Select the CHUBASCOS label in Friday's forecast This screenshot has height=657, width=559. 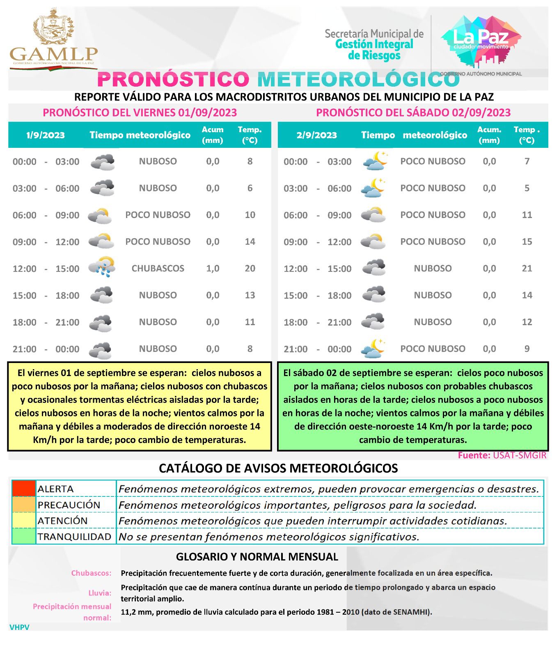158,269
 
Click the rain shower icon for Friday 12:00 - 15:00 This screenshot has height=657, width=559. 102,268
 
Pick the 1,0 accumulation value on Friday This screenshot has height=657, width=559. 213,269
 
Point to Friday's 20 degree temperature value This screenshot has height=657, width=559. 250,269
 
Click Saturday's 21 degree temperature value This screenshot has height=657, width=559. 527,269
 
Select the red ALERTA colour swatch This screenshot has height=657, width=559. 24,489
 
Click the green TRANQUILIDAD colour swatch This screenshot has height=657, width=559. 24,536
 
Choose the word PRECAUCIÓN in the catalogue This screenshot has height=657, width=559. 69,505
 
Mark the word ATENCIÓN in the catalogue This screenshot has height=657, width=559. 62,521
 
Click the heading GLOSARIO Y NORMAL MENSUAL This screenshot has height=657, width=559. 257,557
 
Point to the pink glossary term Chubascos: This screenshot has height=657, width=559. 91,573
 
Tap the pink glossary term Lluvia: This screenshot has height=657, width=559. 100,593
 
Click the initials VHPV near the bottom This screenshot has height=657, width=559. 19,627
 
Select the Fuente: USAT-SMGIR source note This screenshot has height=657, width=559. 502,455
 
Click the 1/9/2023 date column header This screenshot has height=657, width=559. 45,135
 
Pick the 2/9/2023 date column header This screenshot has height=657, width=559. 316,135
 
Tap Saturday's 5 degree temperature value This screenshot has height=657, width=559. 527,188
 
